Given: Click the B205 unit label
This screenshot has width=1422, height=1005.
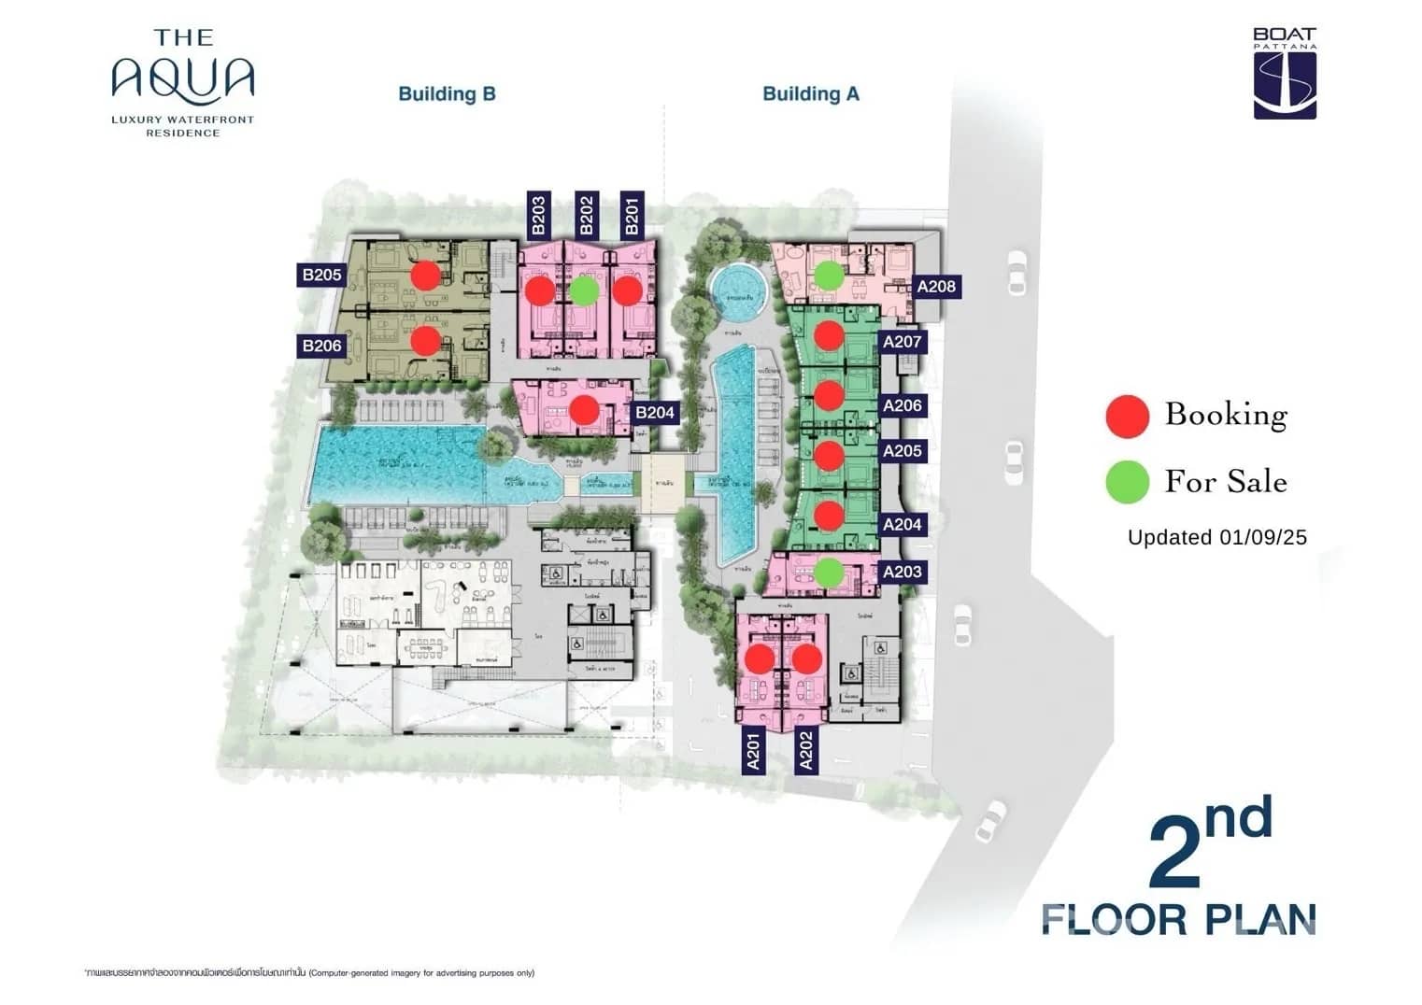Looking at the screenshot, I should (x=321, y=275).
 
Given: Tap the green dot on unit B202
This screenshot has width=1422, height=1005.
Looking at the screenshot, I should (x=584, y=290).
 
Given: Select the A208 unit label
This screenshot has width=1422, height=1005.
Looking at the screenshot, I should (x=936, y=287).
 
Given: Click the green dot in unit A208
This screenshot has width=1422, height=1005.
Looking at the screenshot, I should (x=828, y=275).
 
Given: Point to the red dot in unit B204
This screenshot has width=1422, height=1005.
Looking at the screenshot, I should (x=584, y=409).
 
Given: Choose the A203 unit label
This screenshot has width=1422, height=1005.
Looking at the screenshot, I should (x=902, y=572).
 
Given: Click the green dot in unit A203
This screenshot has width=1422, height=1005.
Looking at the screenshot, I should (x=828, y=572).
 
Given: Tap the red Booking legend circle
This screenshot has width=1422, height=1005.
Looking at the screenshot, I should (x=1127, y=416).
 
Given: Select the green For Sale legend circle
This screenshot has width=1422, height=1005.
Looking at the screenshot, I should (x=1127, y=483).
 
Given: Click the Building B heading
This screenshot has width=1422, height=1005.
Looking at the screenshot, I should (x=447, y=93).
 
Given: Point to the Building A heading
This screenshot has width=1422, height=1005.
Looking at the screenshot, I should (x=810, y=93).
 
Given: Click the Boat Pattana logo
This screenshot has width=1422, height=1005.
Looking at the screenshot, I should (x=1285, y=74).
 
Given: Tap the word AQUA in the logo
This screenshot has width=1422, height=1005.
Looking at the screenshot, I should (x=183, y=78).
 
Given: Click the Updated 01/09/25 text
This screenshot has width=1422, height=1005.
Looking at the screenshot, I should (x=1216, y=537).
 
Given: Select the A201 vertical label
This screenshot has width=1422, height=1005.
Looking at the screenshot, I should (x=753, y=751).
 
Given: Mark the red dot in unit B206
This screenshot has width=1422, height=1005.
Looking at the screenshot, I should (x=425, y=340).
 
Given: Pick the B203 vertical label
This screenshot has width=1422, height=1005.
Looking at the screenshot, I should (x=538, y=215).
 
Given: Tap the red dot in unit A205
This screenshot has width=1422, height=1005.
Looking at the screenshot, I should (x=829, y=455).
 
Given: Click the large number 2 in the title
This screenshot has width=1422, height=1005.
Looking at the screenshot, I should (x=1174, y=852).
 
